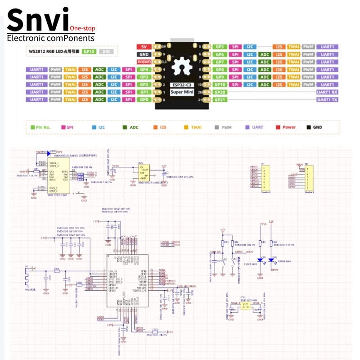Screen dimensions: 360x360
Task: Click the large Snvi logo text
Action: [38, 20]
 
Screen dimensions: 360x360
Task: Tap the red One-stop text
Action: [82, 28]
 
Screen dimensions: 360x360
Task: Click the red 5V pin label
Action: [144, 47]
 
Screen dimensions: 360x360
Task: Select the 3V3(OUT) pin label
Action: [144, 62]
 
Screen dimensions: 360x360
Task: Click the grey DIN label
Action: [106, 52]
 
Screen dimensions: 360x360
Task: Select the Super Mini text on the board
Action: [180, 92]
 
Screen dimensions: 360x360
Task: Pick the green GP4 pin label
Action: [144, 70]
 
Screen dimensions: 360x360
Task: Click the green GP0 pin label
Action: [144, 99]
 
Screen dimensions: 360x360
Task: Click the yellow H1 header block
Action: [265, 177]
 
